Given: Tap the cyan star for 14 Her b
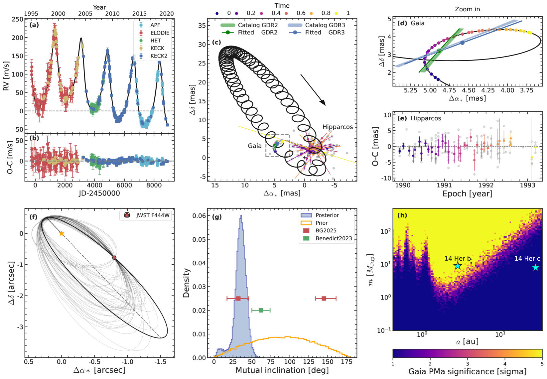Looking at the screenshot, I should (458, 265).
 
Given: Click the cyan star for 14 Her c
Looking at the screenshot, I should (535, 267).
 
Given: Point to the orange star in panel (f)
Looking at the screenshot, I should (62, 233).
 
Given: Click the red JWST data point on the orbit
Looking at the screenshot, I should (114, 258).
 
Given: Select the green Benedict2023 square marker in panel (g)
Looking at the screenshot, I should (261, 310).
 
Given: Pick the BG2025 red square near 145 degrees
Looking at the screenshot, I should (324, 299).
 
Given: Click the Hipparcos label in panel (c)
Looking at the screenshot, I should (338, 127).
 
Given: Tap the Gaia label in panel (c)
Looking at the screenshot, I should (255, 146).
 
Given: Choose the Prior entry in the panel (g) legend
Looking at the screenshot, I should (322, 223).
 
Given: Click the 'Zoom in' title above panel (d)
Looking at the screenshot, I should (467, 9).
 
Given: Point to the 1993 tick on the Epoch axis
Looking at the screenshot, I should (527, 185).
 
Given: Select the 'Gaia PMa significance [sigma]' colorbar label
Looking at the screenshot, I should (467, 372).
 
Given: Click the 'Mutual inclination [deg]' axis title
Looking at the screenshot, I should (282, 370).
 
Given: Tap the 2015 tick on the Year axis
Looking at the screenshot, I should (139, 14).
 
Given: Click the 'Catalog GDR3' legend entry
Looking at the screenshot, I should (325, 25).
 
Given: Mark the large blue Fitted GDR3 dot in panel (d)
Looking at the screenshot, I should (462, 43).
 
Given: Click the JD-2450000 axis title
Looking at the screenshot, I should (99, 193).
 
